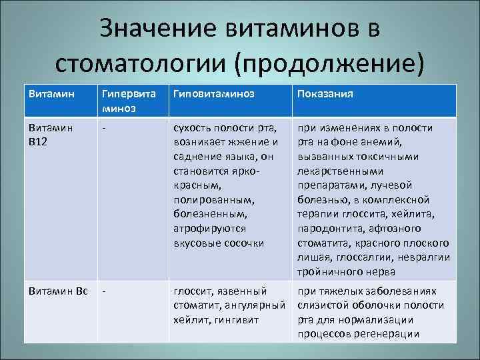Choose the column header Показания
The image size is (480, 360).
[x=325, y=94]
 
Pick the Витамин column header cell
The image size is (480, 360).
[x=51, y=94]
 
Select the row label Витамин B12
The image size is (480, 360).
[x=51, y=134]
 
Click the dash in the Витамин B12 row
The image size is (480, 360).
[x=104, y=127]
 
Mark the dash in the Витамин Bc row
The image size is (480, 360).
[x=104, y=291]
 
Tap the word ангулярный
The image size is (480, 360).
[x=254, y=305]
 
